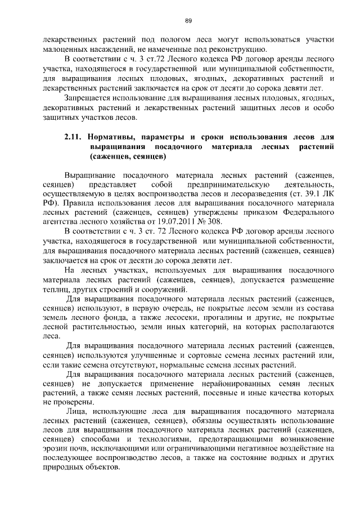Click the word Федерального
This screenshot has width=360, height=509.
pyautogui.click(x=305, y=213)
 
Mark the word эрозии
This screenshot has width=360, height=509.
pyautogui.click(x=56, y=449)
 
